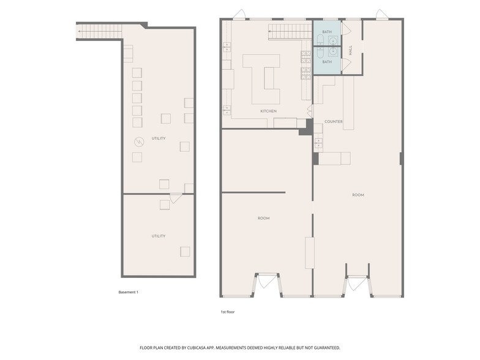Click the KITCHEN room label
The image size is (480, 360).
point(268,111)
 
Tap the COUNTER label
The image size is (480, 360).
point(333,122)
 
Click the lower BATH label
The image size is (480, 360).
point(327,62)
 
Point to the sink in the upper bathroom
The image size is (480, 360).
point(332,41)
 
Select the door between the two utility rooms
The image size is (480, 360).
point(175,198)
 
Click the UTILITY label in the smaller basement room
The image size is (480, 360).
point(158,236)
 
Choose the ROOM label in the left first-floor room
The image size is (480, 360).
point(263,218)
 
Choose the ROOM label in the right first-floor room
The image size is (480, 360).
point(358,195)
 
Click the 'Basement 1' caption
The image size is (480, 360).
point(129,292)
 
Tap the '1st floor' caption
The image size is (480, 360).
point(228,312)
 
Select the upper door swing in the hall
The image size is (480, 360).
point(347,29)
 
